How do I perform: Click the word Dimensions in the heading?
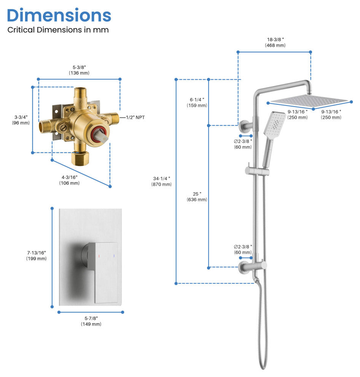click(x=59, y=15)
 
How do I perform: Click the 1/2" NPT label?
click(x=135, y=117)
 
